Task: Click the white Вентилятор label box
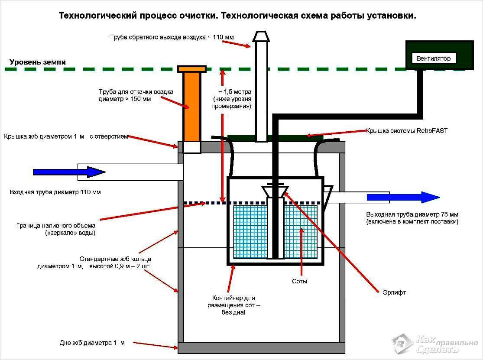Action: [x=434, y=58]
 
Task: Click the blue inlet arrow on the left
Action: [x=69, y=172]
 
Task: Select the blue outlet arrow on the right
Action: [x=403, y=198]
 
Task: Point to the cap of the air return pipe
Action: [x=261, y=36]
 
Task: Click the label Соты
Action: [x=300, y=281]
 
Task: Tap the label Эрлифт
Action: [x=395, y=292]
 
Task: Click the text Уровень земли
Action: [x=38, y=62]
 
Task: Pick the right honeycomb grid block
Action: [x=301, y=232]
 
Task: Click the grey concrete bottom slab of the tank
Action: [x=262, y=347]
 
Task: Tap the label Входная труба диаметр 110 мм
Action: [x=55, y=192]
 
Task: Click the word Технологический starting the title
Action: [x=97, y=16]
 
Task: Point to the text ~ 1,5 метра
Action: [x=234, y=92]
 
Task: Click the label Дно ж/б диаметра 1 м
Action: [x=92, y=343]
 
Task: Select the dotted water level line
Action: [x=204, y=203]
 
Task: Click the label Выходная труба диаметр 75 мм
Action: [x=412, y=214]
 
